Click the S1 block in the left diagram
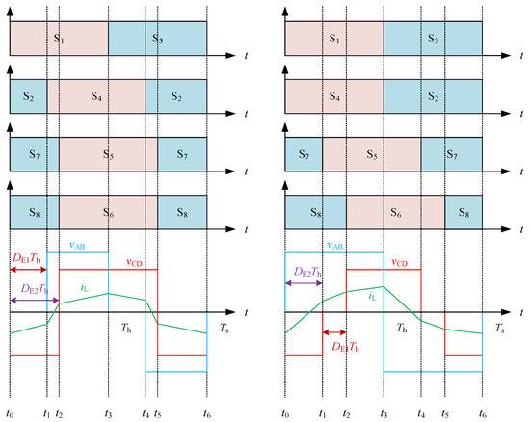tap(59, 39)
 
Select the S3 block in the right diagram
tap(433, 39)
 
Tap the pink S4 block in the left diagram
tap(96, 97)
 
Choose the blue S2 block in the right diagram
tap(433, 97)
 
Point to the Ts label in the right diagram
tap(501, 329)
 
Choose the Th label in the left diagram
tap(127, 329)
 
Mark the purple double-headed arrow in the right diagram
tap(304, 283)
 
